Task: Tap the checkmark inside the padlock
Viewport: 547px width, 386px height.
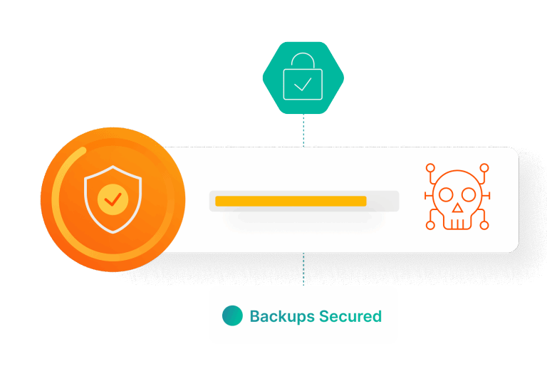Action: point(303,84)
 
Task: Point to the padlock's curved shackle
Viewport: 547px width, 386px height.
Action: point(303,61)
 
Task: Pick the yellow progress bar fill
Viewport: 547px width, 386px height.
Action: point(291,201)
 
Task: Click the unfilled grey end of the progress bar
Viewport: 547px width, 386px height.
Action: point(382,201)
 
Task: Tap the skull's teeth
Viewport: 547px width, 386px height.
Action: point(456,223)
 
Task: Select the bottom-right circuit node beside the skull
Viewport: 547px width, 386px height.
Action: point(483,226)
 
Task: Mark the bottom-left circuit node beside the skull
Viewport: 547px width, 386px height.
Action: point(429,226)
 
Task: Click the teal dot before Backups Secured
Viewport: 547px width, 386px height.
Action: point(232,316)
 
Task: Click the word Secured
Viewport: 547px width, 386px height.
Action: point(350,316)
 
